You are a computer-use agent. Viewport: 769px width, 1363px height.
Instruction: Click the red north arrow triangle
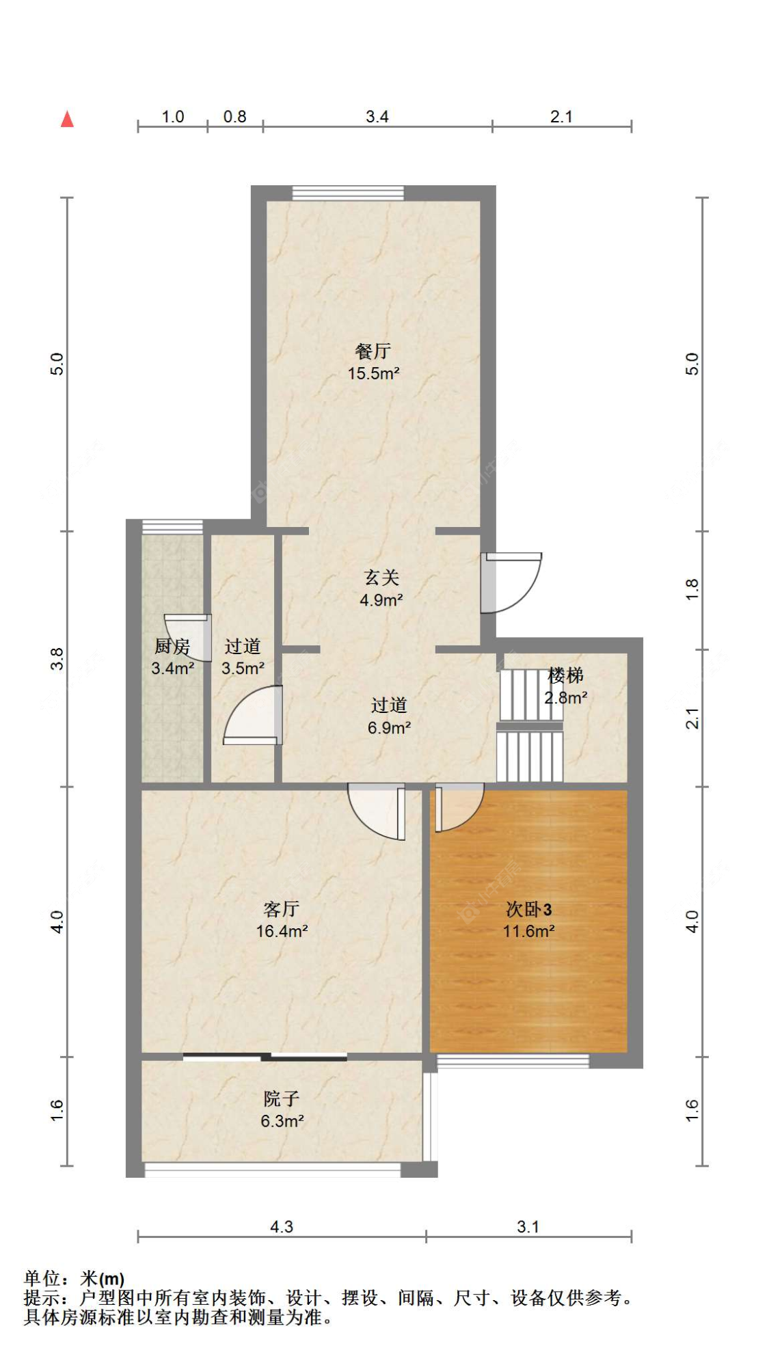[x=67, y=120]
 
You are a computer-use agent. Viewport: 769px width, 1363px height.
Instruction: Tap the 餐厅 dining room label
[x=373, y=351]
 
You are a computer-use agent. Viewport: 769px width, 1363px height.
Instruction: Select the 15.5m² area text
[x=373, y=374]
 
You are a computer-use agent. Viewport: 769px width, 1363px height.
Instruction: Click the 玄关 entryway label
[x=381, y=578]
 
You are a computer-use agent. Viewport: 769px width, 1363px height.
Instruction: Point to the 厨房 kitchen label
[x=172, y=646]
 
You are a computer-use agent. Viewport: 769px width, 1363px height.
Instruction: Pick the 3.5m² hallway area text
[x=243, y=669]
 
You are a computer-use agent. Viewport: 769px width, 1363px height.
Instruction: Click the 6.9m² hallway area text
[x=389, y=728]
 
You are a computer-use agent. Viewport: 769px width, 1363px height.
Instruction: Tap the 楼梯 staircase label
[x=565, y=676]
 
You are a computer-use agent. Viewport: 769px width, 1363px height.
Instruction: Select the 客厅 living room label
[x=282, y=909]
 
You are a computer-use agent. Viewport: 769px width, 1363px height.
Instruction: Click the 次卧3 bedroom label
[x=528, y=909]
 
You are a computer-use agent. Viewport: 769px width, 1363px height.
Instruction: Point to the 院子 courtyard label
[x=282, y=1099]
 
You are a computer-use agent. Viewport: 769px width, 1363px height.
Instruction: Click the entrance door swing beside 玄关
[x=513, y=582]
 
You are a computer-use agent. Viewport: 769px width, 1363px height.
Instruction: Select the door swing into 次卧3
[x=457, y=807]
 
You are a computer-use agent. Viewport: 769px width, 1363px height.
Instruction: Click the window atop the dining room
[x=348, y=193]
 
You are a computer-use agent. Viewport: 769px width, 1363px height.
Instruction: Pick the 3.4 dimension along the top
[x=377, y=117]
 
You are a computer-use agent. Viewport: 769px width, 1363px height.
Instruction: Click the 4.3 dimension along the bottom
[x=281, y=1227]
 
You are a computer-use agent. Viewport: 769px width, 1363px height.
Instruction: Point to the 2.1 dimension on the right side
[x=692, y=718]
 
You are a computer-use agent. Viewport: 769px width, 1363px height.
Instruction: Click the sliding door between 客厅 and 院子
[x=265, y=1057]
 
